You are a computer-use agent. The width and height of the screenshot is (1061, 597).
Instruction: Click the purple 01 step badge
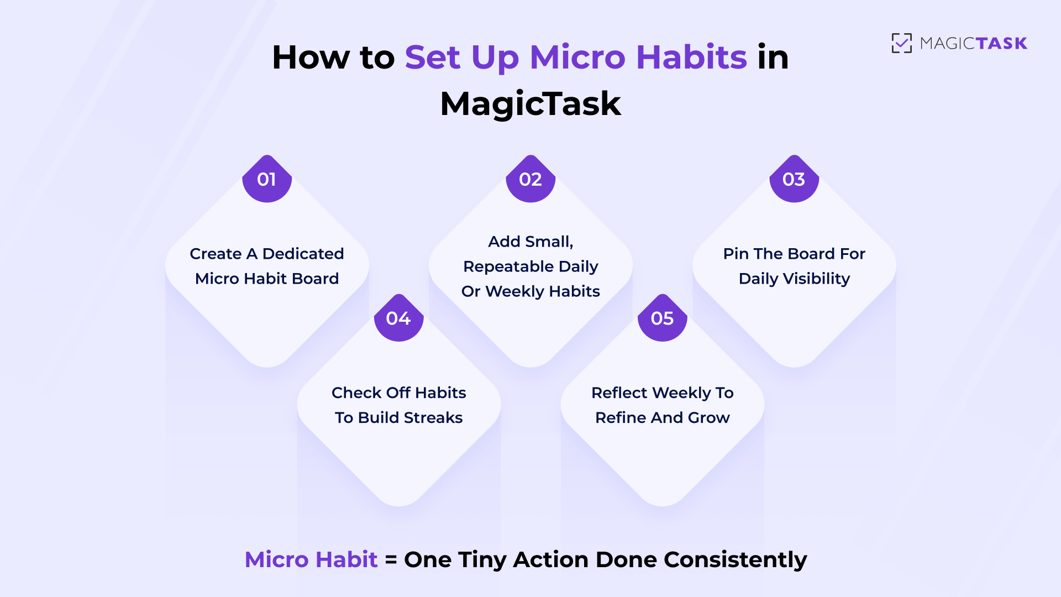tap(267, 179)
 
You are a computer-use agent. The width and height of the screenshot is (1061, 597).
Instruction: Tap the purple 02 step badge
tap(530, 179)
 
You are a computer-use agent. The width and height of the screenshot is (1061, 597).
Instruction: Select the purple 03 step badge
tap(794, 179)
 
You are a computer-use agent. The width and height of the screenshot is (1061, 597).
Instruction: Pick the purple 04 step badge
tap(398, 318)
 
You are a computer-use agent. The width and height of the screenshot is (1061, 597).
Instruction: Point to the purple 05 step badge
tap(662, 318)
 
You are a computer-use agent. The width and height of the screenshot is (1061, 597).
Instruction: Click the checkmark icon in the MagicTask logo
tap(902, 43)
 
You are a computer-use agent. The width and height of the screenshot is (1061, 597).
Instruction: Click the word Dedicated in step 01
tap(303, 254)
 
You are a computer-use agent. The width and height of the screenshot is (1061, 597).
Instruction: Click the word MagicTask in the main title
tap(530, 103)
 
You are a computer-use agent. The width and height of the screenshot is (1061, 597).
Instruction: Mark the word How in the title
tap(311, 57)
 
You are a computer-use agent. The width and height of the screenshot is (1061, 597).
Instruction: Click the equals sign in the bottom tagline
tap(391, 559)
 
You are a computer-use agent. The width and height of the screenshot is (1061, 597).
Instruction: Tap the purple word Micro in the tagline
tap(276, 559)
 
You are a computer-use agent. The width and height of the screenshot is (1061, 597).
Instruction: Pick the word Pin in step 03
tap(736, 254)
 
